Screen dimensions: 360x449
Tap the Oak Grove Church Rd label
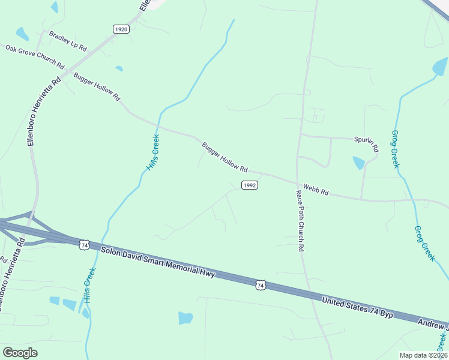[x=35, y=56]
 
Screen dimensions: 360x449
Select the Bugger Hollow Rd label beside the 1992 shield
[x=224, y=157]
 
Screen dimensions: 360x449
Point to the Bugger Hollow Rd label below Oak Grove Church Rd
[x=97, y=86]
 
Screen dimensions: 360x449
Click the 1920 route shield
[x=121, y=29]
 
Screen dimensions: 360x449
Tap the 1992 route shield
[x=250, y=185]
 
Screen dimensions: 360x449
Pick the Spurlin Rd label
[x=367, y=142]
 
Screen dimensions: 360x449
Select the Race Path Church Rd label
[x=300, y=220]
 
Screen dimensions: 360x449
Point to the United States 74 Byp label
[x=357, y=308]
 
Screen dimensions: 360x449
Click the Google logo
[x=20, y=352]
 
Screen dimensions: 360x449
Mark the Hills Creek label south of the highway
[x=88, y=284]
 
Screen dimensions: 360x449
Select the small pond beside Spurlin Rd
[x=358, y=163]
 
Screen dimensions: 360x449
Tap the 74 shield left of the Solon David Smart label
[x=85, y=245]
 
